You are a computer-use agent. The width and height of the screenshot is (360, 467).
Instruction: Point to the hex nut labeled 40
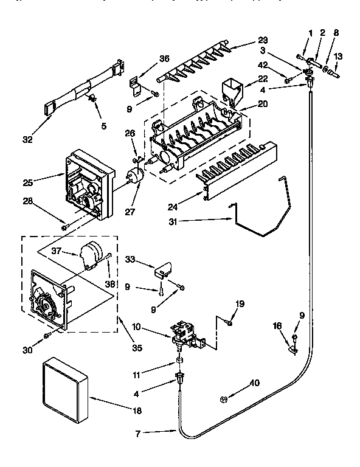(x=223, y=399)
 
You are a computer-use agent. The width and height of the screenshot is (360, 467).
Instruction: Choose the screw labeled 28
(x=65, y=227)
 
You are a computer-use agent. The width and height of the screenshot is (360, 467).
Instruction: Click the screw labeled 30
(x=47, y=336)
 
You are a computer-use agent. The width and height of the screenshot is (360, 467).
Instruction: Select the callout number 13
(x=338, y=56)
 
